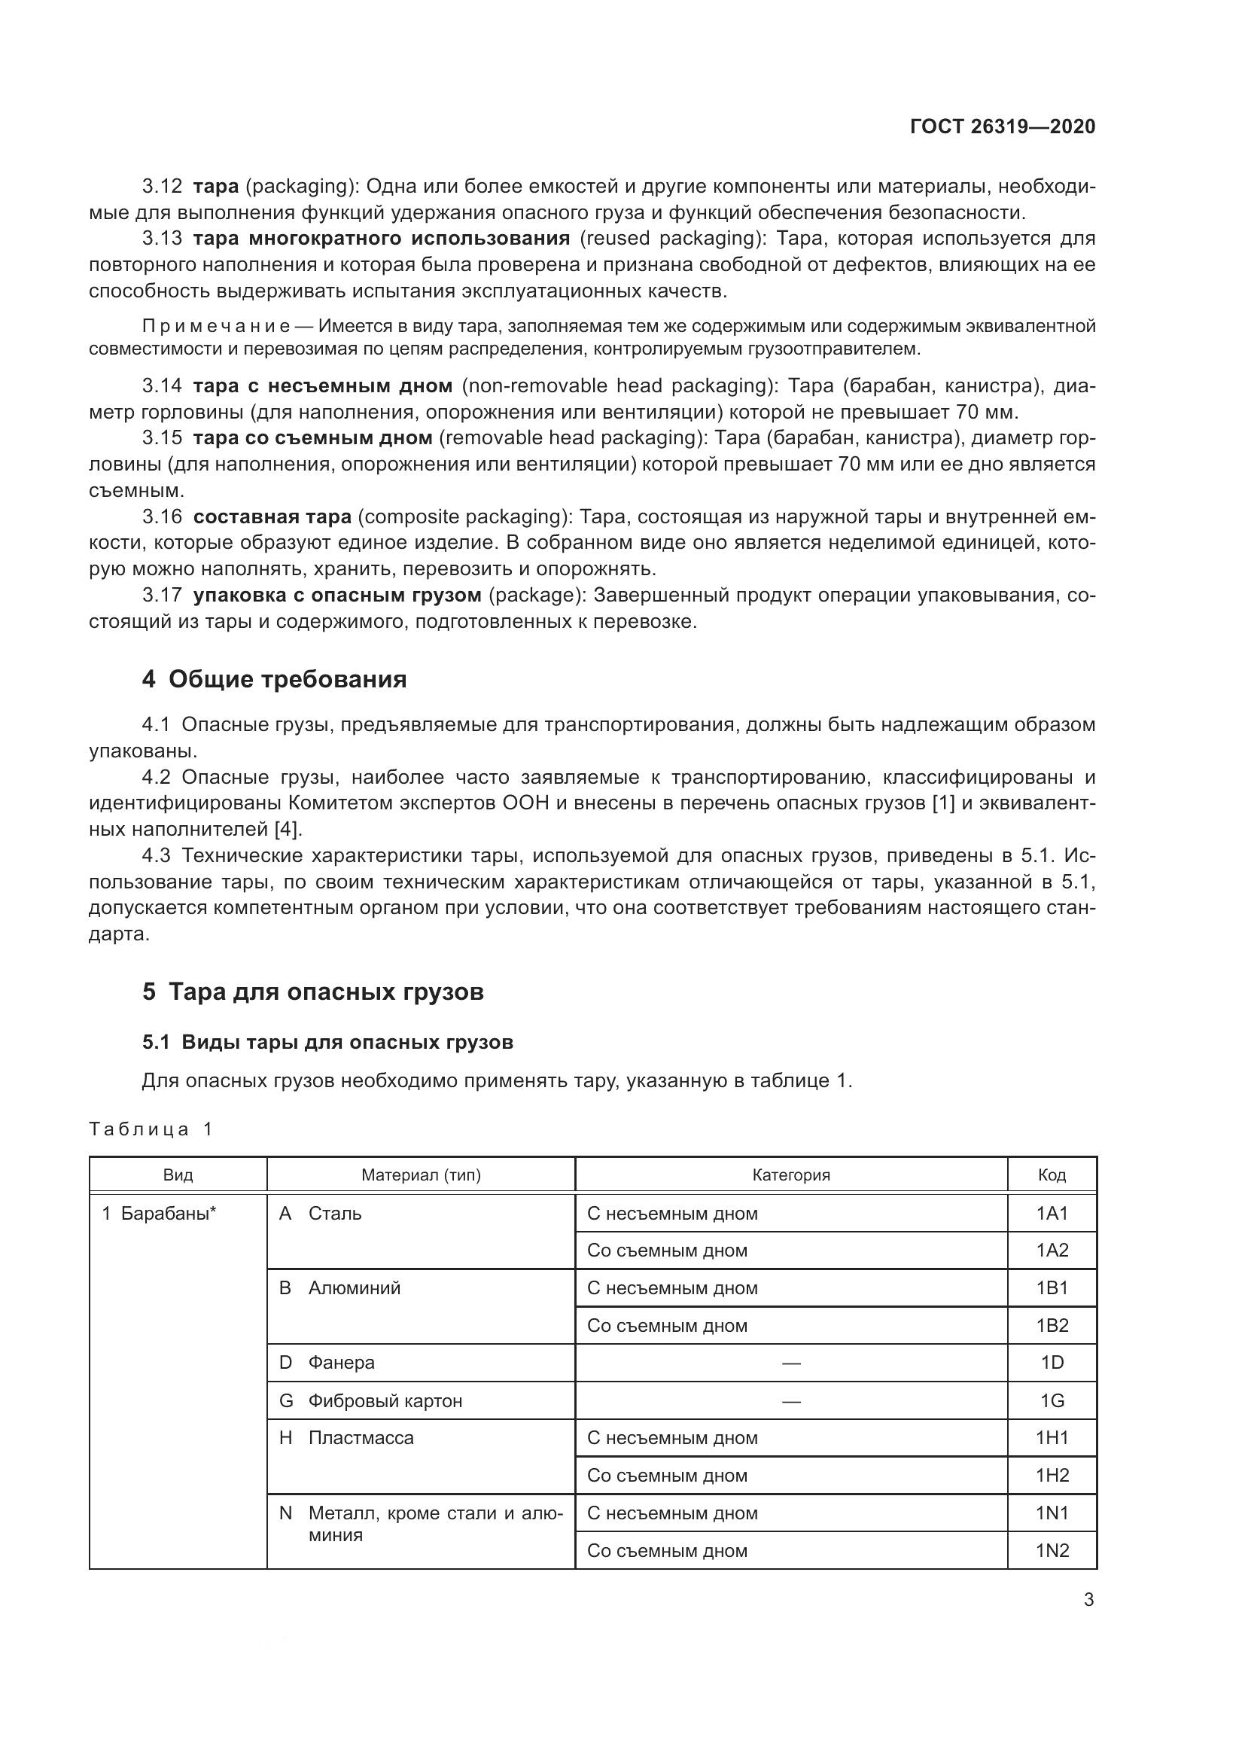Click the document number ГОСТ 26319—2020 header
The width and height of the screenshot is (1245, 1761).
tap(1002, 127)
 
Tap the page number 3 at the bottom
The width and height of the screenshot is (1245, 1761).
tap(1088, 1600)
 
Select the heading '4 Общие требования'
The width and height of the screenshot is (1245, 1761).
tap(274, 679)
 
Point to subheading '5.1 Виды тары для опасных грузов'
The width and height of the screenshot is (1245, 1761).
tap(327, 1042)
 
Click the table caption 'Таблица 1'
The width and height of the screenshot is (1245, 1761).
tap(151, 1129)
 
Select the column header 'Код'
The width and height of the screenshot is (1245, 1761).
tap(1052, 1175)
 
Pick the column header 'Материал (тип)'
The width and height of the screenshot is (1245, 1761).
tap(421, 1175)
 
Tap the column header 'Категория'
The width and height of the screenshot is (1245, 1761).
tap(790, 1175)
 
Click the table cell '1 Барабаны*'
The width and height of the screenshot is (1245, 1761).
tap(160, 1214)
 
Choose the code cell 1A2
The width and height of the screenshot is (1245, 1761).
tap(1052, 1251)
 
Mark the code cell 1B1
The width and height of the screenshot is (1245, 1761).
tap(1052, 1287)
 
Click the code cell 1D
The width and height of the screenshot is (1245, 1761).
tap(1052, 1363)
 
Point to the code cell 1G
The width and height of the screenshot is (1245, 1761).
tap(1052, 1401)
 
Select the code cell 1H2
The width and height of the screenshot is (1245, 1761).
tap(1052, 1476)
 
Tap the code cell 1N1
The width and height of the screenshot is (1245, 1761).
tap(1052, 1513)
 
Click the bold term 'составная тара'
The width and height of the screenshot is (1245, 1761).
tap(272, 517)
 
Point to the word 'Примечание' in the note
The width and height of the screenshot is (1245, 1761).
tap(216, 327)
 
